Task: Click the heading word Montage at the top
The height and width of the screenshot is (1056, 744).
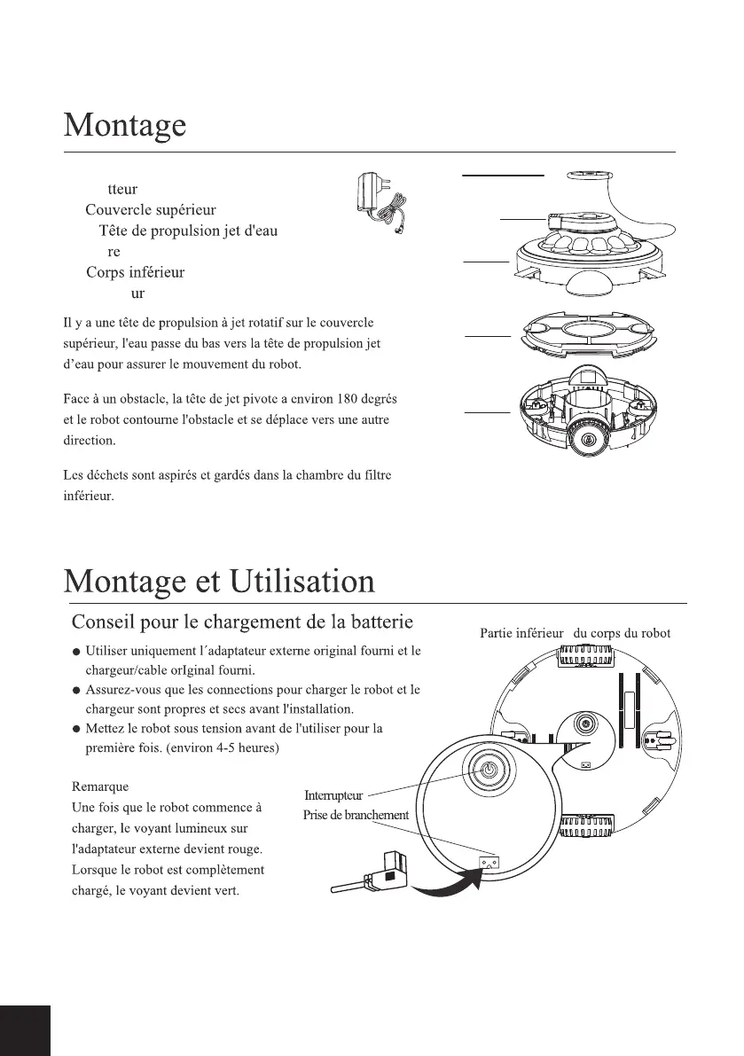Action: (124, 125)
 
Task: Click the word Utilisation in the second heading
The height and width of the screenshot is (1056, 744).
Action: (302, 583)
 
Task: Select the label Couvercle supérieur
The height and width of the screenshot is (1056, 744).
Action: (150, 210)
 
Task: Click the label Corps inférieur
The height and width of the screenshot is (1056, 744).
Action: (136, 272)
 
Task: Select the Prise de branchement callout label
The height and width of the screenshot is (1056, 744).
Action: (356, 815)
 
